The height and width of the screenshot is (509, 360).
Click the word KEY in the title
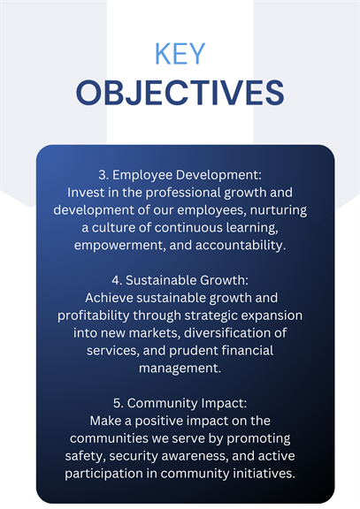[x=180, y=54]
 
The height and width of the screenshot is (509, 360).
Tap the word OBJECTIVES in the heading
[x=180, y=93]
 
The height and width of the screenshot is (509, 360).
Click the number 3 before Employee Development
[x=103, y=175]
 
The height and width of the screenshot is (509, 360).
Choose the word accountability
[x=241, y=246]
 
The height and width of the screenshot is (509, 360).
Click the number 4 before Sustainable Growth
[x=117, y=280]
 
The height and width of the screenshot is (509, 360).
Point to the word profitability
[x=93, y=315]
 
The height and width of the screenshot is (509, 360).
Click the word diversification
[x=227, y=333]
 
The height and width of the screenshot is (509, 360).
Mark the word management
[x=180, y=368]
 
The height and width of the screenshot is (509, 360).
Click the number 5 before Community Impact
[x=118, y=404]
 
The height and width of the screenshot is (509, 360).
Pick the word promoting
[x=258, y=439]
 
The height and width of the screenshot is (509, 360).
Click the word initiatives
[x=264, y=474]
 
